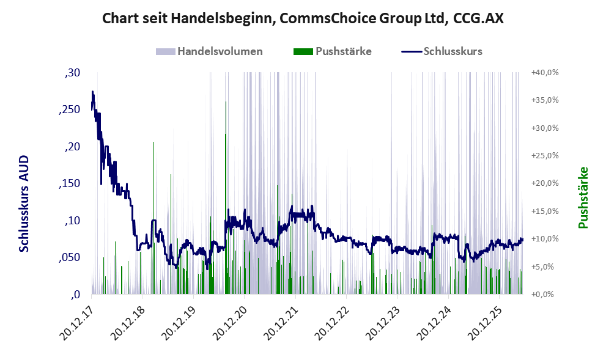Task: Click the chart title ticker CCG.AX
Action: [x=478, y=18]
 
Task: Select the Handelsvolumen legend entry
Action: [x=209, y=51]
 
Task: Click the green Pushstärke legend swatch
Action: [x=303, y=51]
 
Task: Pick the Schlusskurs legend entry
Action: [x=442, y=51]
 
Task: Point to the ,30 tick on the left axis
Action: [x=72, y=73]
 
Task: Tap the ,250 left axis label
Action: [x=70, y=109]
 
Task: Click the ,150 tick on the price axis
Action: [x=70, y=183]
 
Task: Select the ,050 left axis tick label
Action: [x=70, y=258]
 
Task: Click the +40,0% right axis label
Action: [x=545, y=73]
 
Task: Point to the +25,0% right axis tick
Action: [x=545, y=156]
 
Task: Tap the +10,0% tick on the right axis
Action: [x=545, y=239]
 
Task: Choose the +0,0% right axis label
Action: [x=542, y=295]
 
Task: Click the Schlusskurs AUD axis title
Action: [x=24, y=204]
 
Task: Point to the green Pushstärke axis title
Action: [x=583, y=197]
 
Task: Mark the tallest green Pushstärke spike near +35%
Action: [x=226, y=197]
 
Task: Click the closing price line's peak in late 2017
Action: [x=92, y=92]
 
